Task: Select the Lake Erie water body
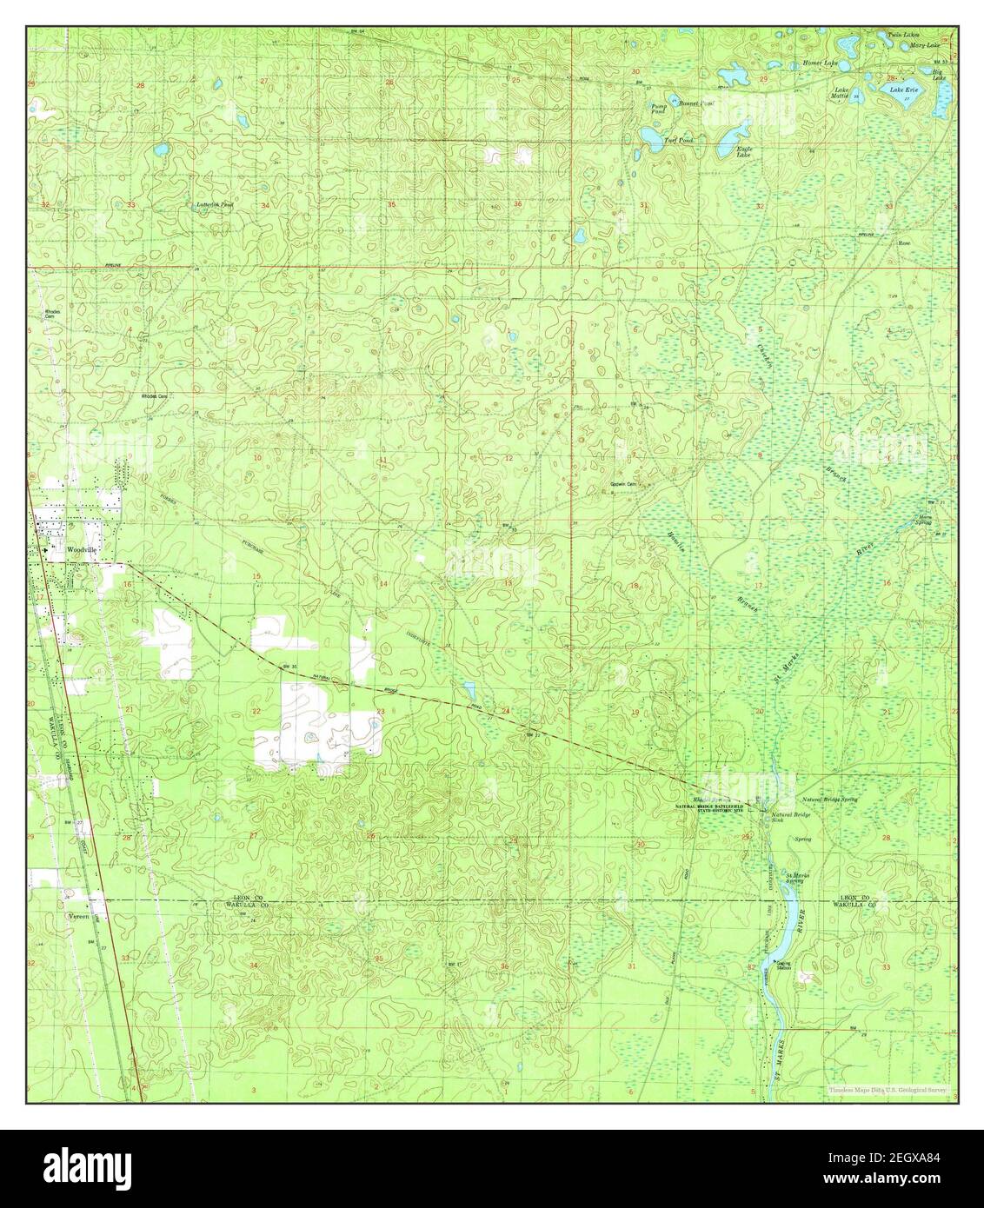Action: [897, 89]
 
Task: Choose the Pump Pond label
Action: [659, 109]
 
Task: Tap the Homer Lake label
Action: [820, 63]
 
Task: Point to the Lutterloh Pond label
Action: [215, 205]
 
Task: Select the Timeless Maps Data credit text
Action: [888, 1089]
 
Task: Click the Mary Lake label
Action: [921, 43]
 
